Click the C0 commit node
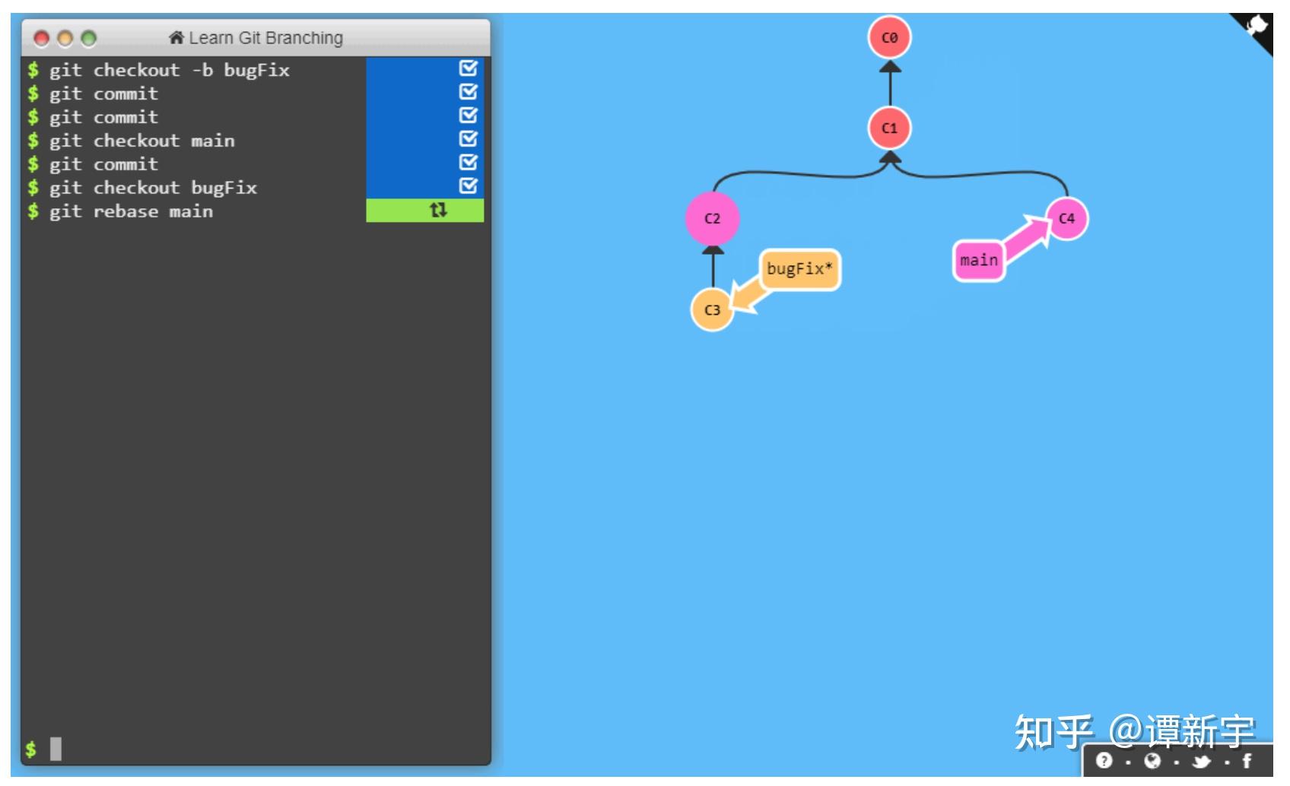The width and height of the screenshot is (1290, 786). (889, 37)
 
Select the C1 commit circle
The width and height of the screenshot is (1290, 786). (889, 128)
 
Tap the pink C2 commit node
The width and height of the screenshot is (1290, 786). (712, 219)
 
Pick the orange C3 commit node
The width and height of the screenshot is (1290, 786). (712, 310)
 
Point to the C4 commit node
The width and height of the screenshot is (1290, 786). (1066, 219)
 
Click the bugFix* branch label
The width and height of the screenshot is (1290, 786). (799, 269)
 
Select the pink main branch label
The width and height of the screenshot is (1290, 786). (978, 261)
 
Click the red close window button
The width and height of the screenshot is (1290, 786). (42, 38)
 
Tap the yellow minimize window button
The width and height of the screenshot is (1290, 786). (65, 38)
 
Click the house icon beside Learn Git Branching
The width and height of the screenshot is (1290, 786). (176, 37)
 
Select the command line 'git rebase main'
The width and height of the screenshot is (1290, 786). (131, 211)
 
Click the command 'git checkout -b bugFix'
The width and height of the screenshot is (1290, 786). (169, 70)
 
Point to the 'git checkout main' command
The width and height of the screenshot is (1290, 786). (141, 141)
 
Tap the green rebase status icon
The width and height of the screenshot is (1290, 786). (438, 210)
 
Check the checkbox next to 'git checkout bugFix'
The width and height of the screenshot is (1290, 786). (469, 186)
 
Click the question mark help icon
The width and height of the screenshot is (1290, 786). (1104, 760)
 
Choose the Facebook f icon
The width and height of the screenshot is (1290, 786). (1247, 760)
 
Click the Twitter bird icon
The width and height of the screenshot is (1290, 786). (1202, 760)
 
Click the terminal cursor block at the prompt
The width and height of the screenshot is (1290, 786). (56, 749)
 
